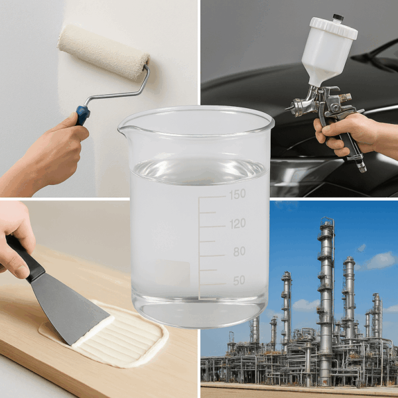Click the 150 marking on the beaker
click(237, 194)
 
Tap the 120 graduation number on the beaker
click(237, 224)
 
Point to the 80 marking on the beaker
click(239, 251)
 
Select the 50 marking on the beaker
click(239, 281)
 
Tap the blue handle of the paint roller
click(83, 115)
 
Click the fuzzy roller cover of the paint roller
click(103, 52)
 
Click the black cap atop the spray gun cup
click(338, 17)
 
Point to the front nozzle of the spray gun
click(289, 108)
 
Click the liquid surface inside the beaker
click(200, 170)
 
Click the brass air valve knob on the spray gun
click(345, 97)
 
